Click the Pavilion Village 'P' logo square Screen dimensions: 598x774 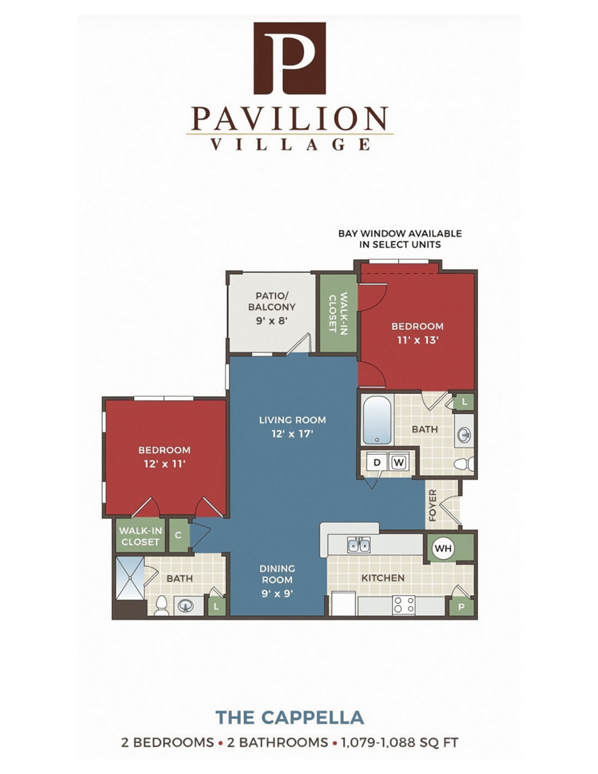coord(290,58)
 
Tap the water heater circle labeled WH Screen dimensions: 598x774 coord(443,548)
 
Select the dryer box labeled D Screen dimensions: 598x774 coord(377,462)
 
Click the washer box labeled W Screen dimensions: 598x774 coord(399,462)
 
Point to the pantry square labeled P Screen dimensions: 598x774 coord(461,606)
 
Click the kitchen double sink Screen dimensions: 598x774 coord(359,545)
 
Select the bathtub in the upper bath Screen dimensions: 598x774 coord(377,420)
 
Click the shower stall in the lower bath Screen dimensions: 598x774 coord(130,578)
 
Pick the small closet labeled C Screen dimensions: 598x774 coord(179,535)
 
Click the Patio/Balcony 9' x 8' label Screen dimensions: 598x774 coord(272,308)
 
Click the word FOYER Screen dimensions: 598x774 coord(433,505)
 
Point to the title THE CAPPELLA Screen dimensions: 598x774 coord(290,717)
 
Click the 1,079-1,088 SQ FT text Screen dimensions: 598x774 coord(399,743)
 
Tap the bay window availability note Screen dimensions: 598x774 coord(400,239)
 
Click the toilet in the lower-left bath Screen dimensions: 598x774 coord(161,606)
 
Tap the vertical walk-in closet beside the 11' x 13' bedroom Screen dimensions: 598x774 coord(338,313)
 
